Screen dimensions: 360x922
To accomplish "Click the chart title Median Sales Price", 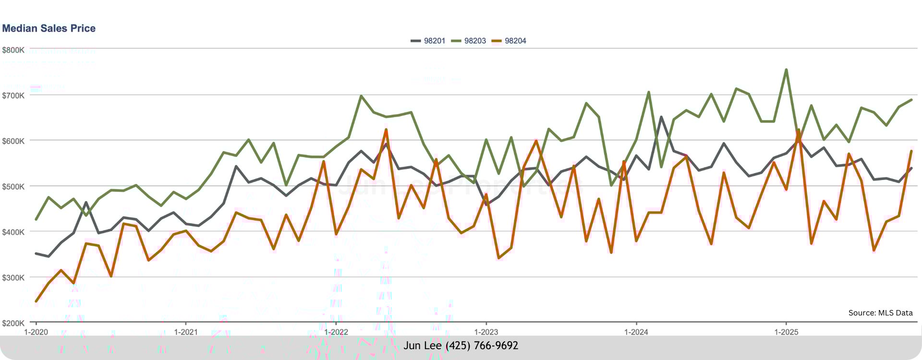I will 49,28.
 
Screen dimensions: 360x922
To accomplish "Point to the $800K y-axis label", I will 13,50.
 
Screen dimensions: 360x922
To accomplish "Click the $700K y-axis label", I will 13,96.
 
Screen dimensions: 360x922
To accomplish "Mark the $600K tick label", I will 13,141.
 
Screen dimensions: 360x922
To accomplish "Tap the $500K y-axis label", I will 13,187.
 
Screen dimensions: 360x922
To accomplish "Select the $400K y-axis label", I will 13,232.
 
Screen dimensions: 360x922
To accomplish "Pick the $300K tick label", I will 13,278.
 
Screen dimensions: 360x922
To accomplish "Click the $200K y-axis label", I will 13,323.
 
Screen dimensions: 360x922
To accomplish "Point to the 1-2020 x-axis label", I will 36,332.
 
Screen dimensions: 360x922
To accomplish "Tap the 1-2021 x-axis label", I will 186,332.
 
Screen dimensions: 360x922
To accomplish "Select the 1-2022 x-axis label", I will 336,332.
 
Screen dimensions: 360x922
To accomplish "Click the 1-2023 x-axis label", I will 486,332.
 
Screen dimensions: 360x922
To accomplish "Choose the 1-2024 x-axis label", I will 636,332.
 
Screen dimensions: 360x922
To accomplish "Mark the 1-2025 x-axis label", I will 786,332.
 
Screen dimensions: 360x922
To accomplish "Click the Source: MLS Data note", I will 880,313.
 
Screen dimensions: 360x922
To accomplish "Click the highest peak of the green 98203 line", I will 786,70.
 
